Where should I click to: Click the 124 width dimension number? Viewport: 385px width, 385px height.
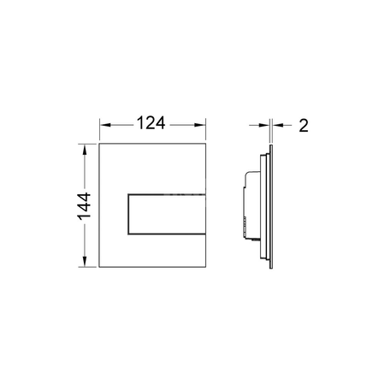tap(151, 123)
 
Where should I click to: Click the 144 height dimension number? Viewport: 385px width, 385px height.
tap(84, 206)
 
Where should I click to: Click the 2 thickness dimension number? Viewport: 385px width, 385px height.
tap(304, 126)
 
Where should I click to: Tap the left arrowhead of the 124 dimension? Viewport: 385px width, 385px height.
tap(104, 125)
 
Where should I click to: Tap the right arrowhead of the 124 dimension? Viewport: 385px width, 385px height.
tap(200, 125)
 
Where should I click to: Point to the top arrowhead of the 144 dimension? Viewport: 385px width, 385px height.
tap(85, 150)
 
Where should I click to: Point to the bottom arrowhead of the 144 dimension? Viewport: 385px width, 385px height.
tap(85, 262)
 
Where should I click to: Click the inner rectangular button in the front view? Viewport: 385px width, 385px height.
tap(167, 214)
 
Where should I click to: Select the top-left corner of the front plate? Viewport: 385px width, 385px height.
tap(99, 144)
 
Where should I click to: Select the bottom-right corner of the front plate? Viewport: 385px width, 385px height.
tap(205, 267)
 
